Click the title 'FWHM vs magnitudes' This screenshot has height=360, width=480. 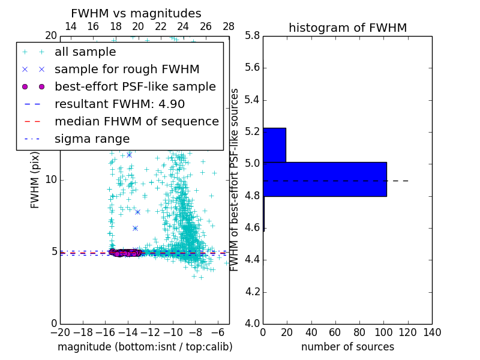pos(136,14)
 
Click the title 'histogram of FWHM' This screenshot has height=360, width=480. pos(347,28)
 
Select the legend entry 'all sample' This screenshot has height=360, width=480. pos(85,52)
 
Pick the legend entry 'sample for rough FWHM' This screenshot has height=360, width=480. pos(127,70)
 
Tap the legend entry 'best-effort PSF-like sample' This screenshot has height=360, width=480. pos(135,87)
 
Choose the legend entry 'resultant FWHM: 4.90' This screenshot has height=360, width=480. pos(119,104)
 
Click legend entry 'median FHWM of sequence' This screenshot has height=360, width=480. pos(136,122)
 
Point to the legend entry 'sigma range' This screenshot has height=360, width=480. pos(92,139)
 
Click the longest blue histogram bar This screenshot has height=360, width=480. pos(325,179)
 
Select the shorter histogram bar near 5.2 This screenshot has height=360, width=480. pos(274,145)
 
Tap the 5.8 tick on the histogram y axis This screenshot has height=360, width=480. pos(252,35)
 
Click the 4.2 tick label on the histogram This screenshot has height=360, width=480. pos(252,292)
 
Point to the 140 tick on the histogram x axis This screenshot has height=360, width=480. pos(432,332)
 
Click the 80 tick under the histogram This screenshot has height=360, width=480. pos(359,332)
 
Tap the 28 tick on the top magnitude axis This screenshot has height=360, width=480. pos(229,26)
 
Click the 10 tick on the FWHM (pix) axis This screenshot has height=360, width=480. pos(51,180)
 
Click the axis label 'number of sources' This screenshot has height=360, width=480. pos(347,347)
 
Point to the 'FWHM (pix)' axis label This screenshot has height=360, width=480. pos(35,180)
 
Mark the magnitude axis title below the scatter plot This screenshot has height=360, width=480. pos(145,347)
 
